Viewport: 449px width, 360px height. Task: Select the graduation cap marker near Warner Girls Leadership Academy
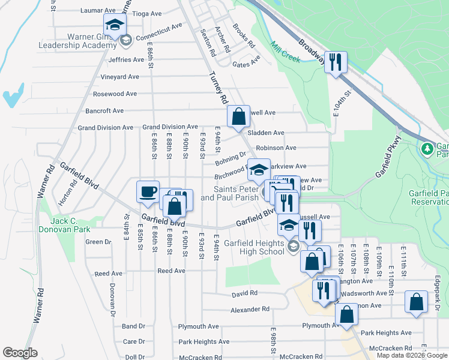pos(115,25)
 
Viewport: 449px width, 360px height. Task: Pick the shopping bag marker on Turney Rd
pos(238,116)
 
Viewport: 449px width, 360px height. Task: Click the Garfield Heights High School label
pos(255,247)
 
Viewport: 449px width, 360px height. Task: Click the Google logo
pos(20,353)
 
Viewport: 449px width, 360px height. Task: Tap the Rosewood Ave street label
pos(115,94)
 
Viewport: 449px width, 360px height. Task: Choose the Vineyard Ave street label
pos(120,77)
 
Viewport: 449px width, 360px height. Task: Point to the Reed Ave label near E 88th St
pos(171,271)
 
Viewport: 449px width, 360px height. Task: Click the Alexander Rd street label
pos(250,310)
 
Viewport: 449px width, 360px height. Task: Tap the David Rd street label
pos(244,293)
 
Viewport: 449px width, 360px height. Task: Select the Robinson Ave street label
pos(276,148)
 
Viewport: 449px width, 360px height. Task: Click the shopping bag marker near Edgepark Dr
pos(416,302)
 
